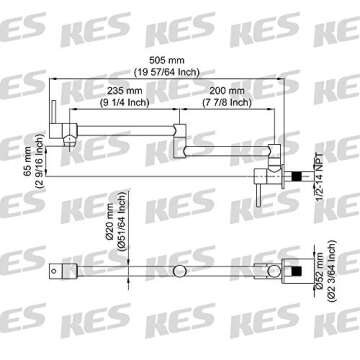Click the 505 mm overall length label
(166, 61)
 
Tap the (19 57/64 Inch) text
(166, 72)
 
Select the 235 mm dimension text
(124, 90)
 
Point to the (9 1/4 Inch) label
(124, 102)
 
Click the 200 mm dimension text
(227, 90)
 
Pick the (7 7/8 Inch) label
(227, 102)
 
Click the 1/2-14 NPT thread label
(319, 177)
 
